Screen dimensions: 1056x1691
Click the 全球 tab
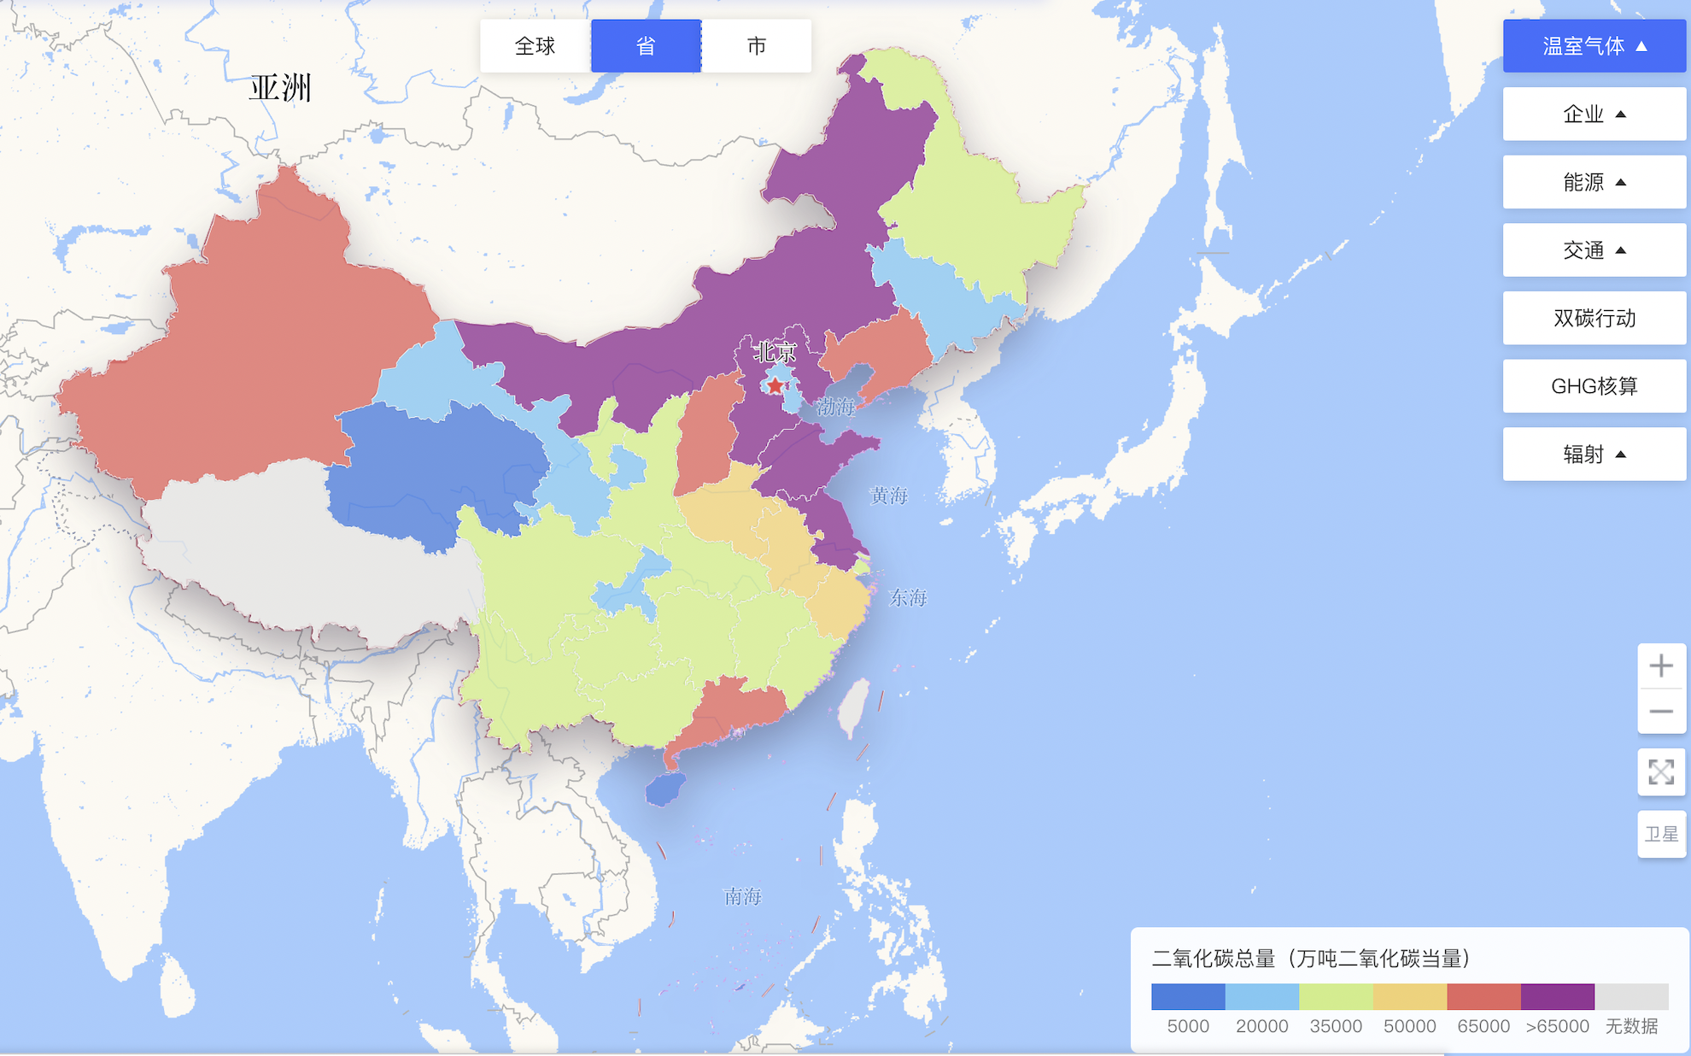pyautogui.click(x=535, y=46)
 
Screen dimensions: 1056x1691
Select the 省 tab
pyautogui.click(x=646, y=46)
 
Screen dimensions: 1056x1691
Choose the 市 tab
pyautogui.click(x=756, y=46)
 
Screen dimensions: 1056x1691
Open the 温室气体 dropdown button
pyautogui.click(x=1594, y=46)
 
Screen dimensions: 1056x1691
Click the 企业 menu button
pyautogui.click(x=1594, y=114)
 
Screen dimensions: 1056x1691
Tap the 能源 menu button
pyautogui.click(x=1594, y=182)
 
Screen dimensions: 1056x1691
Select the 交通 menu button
pyautogui.click(x=1594, y=250)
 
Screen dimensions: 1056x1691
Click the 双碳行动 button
pyautogui.click(x=1594, y=318)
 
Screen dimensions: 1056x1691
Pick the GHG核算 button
pyautogui.click(x=1594, y=386)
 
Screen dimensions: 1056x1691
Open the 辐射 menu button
pyautogui.click(x=1594, y=455)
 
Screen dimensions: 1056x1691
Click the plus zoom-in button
pyautogui.click(x=1660, y=666)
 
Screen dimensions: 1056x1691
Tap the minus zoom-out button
pyautogui.click(x=1660, y=711)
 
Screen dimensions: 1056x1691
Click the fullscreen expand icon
pyautogui.click(x=1660, y=772)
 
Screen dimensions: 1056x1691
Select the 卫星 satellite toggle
pyautogui.click(x=1660, y=834)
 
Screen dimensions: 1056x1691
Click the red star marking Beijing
pyautogui.click(x=775, y=386)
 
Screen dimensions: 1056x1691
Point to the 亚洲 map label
pyautogui.click(x=281, y=87)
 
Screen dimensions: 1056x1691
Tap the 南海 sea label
pyautogui.click(x=742, y=896)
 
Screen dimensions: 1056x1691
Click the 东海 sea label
pyautogui.click(x=908, y=597)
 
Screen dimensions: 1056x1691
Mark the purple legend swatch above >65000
pyautogui.click(x=1557, y=996)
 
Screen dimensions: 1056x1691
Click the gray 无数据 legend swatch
pyautogui.click(x=1631, y=996)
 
